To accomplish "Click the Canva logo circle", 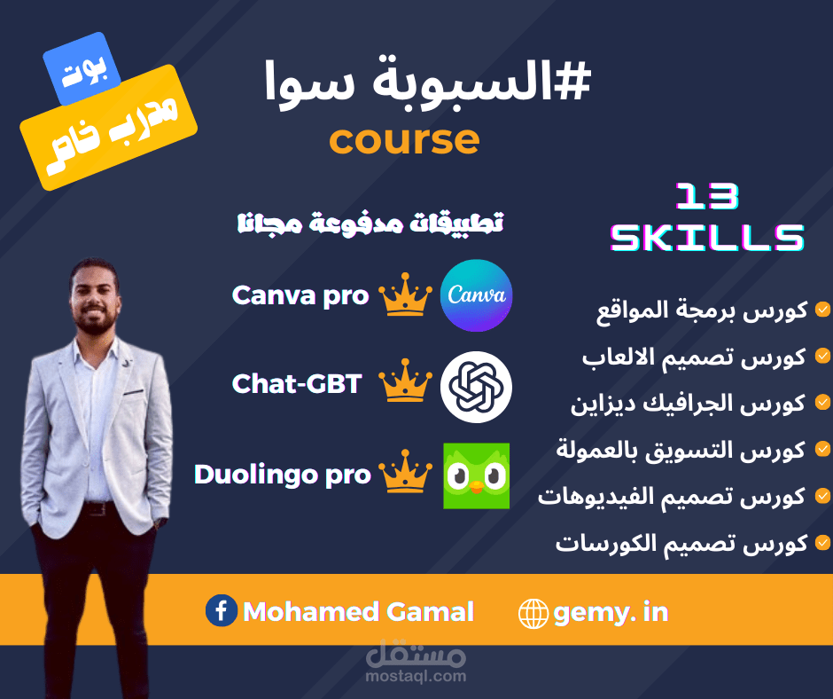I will coord(476,295).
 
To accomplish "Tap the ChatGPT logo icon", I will coord(476,386).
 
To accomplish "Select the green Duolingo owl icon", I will coord(476,475).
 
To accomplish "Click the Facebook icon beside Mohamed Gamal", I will coord(222,611).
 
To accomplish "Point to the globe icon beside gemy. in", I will coord(533,613).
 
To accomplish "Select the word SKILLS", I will coord(707,237).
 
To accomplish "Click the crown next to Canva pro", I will coord(405,296).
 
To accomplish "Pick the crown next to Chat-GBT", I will coord(405,383).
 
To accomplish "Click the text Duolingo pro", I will coord(282,475).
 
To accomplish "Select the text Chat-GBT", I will coord(297,383).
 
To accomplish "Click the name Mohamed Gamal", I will coord(358,611).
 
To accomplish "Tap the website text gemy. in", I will coord(611,612).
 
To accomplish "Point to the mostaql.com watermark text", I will coord(415,676).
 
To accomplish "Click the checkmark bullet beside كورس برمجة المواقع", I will coord(822,310).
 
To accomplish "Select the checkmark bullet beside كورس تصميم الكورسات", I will coord(822,542).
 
